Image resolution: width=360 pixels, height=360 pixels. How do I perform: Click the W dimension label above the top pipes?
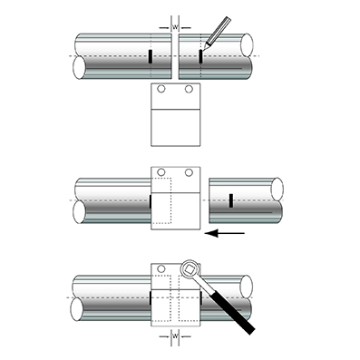[x=173, y=26]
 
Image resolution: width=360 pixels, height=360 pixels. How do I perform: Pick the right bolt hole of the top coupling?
[x=189, y=90]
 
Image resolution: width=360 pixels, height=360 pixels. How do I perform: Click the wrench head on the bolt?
[x=190, y=269]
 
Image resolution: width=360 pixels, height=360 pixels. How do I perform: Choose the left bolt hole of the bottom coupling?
[x=161, y=269]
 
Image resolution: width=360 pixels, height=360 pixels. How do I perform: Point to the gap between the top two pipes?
[x=173, y=56]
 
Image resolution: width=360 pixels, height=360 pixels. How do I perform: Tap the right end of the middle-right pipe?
[x=278, y=190]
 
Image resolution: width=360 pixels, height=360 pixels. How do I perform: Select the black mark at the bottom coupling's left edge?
[x=150, y=297]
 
